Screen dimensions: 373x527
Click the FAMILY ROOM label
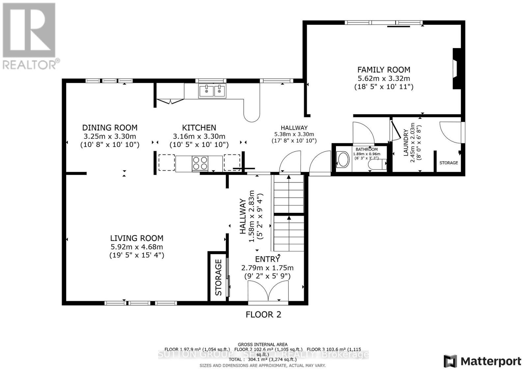(384, 70)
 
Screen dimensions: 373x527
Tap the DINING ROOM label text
(110, 128)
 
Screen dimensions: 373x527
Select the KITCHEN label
(199, 128)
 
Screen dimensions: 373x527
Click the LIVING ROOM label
(137, 238)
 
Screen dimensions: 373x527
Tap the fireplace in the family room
(457, 69)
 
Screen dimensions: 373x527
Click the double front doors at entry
(268, 291)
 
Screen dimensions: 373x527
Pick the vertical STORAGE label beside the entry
(218, 277)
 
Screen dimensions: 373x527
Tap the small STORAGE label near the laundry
(449, 163)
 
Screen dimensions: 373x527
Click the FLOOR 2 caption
(263, 315)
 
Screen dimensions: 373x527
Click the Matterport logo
(483, 361)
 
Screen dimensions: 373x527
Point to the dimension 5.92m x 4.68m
(137, 247)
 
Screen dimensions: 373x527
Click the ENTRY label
(267, 259)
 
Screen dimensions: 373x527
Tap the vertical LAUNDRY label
(406, 142)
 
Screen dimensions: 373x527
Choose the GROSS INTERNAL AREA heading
(263, 344)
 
